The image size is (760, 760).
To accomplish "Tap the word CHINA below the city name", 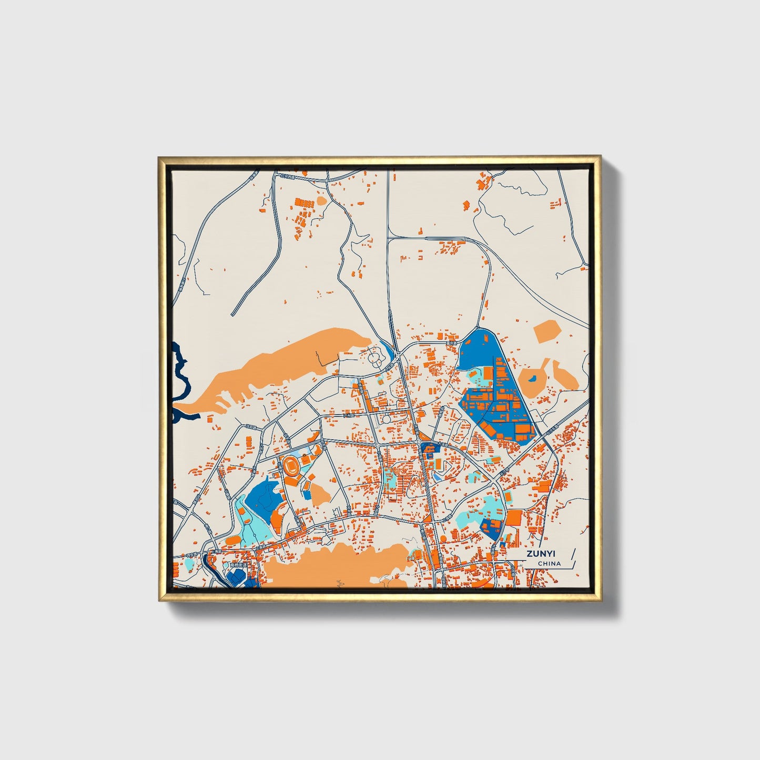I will tap(549, 563).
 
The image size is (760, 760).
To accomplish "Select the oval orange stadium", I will tap(291, 466).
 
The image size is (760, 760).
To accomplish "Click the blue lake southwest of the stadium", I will tap(263, 497).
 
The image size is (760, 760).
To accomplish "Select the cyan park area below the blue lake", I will tap(252, 526).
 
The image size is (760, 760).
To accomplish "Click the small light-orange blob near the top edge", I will tap(321, 201).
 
